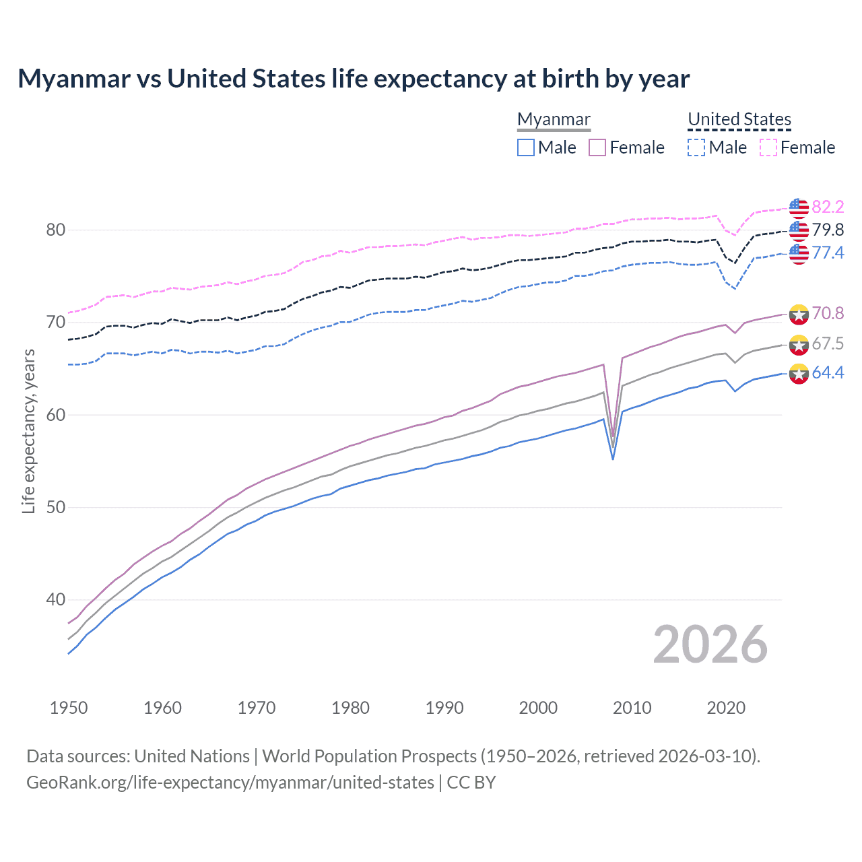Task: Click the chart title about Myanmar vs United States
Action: tap(354, 79)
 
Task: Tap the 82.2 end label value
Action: tap(828, 207)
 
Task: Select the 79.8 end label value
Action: tap(828, 230)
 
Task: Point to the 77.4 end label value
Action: tap(828, 253)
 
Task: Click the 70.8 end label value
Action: tap(828, 313)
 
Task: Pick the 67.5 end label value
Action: tap(828, 343)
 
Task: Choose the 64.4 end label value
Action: tap(828, 372)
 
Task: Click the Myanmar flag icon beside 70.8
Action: tap(799, 314)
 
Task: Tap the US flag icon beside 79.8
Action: tap(799, 230)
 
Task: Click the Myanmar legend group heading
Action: tap(554, 119)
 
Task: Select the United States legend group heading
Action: tap(739, 119)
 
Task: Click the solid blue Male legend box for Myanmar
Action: tap(526, 147)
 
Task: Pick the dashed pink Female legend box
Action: tap(768, 147)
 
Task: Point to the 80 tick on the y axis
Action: tap(56, 230)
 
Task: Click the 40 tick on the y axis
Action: tap(56, 599)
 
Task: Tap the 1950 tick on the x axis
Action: tap(69, 708)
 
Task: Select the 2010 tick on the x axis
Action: tap(632, 708)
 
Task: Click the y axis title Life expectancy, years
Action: tap(28, 431)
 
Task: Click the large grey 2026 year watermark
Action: tap(710, 644)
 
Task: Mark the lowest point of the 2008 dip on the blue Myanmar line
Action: tap(613, 459)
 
